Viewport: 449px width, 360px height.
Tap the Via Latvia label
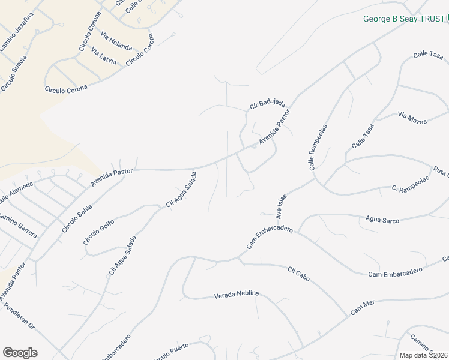[104, 56]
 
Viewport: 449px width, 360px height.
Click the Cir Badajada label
[267, 103]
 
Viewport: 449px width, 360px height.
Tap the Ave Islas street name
[282, 206]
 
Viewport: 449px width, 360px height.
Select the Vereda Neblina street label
[237, 294]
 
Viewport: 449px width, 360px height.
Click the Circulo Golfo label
[99, 231]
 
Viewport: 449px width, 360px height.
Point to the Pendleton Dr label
[19, 316]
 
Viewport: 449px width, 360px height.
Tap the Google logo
[20, 353]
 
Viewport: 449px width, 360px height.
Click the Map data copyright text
[423, 355]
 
